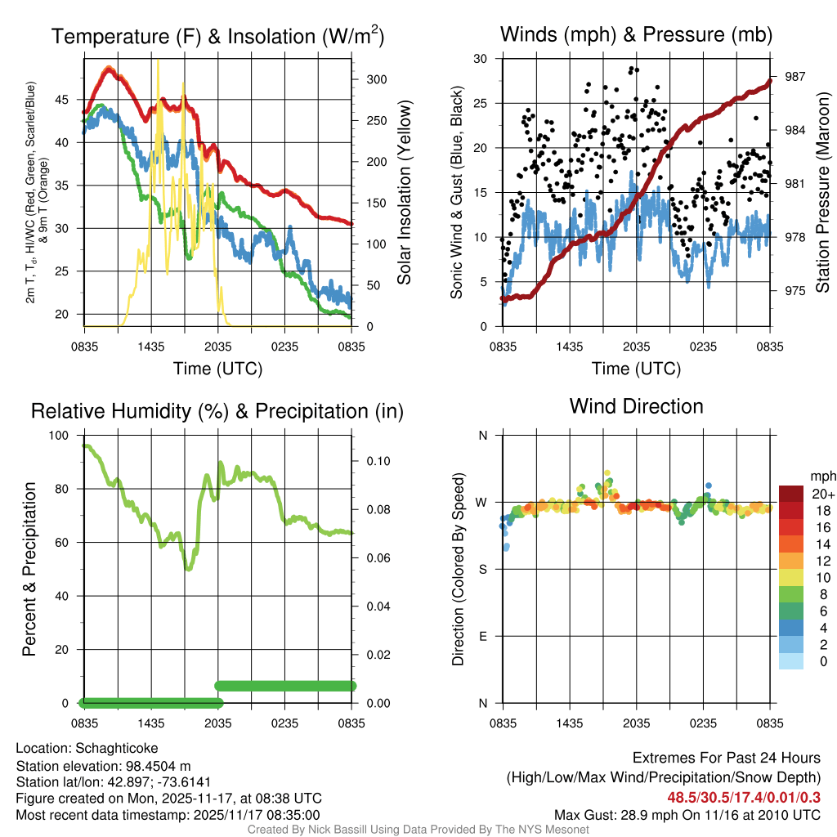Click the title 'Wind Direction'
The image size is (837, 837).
[x=636, y=406]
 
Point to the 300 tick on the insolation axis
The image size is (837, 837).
[x=377, y=80]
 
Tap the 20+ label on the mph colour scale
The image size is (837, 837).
[x=822, y=494]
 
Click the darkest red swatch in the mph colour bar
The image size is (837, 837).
[x=792, y=493]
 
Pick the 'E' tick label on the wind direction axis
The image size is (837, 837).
[x=482, y=636]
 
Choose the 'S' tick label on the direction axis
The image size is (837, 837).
[x=482, y=569]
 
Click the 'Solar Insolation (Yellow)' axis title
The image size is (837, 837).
[x=404, y=192]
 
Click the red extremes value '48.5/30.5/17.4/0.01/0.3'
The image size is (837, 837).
[x=744, y=797]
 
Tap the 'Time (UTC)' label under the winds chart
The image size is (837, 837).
[x=636, y=369]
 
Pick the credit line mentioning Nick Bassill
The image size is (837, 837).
[x=418, y=830]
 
